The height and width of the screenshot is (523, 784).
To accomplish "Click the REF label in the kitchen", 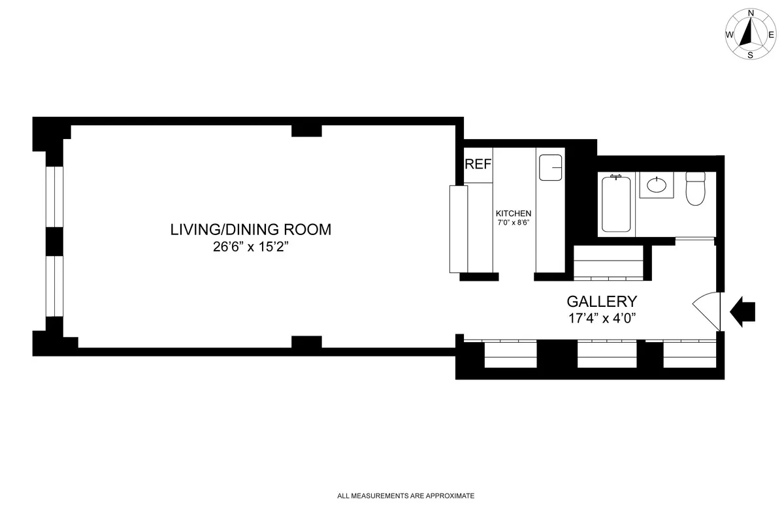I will pos(478,165).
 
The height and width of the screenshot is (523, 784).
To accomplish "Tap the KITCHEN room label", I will pos(514,214).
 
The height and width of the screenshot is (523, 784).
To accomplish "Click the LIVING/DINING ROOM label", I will pos(251,230).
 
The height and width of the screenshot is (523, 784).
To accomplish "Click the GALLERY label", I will pos(602,302).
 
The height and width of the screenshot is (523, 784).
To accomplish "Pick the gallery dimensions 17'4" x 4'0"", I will pos(602,319).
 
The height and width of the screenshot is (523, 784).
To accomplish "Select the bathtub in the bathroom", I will pos(616,203).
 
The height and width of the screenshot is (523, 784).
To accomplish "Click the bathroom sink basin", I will pos(657,185).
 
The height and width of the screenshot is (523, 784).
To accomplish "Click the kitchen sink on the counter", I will pos(551,168).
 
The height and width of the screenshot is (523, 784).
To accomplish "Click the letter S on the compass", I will pos(750,55).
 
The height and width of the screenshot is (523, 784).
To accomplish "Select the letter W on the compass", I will pos(729,35).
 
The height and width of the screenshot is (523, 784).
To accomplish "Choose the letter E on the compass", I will pos(771,35).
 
